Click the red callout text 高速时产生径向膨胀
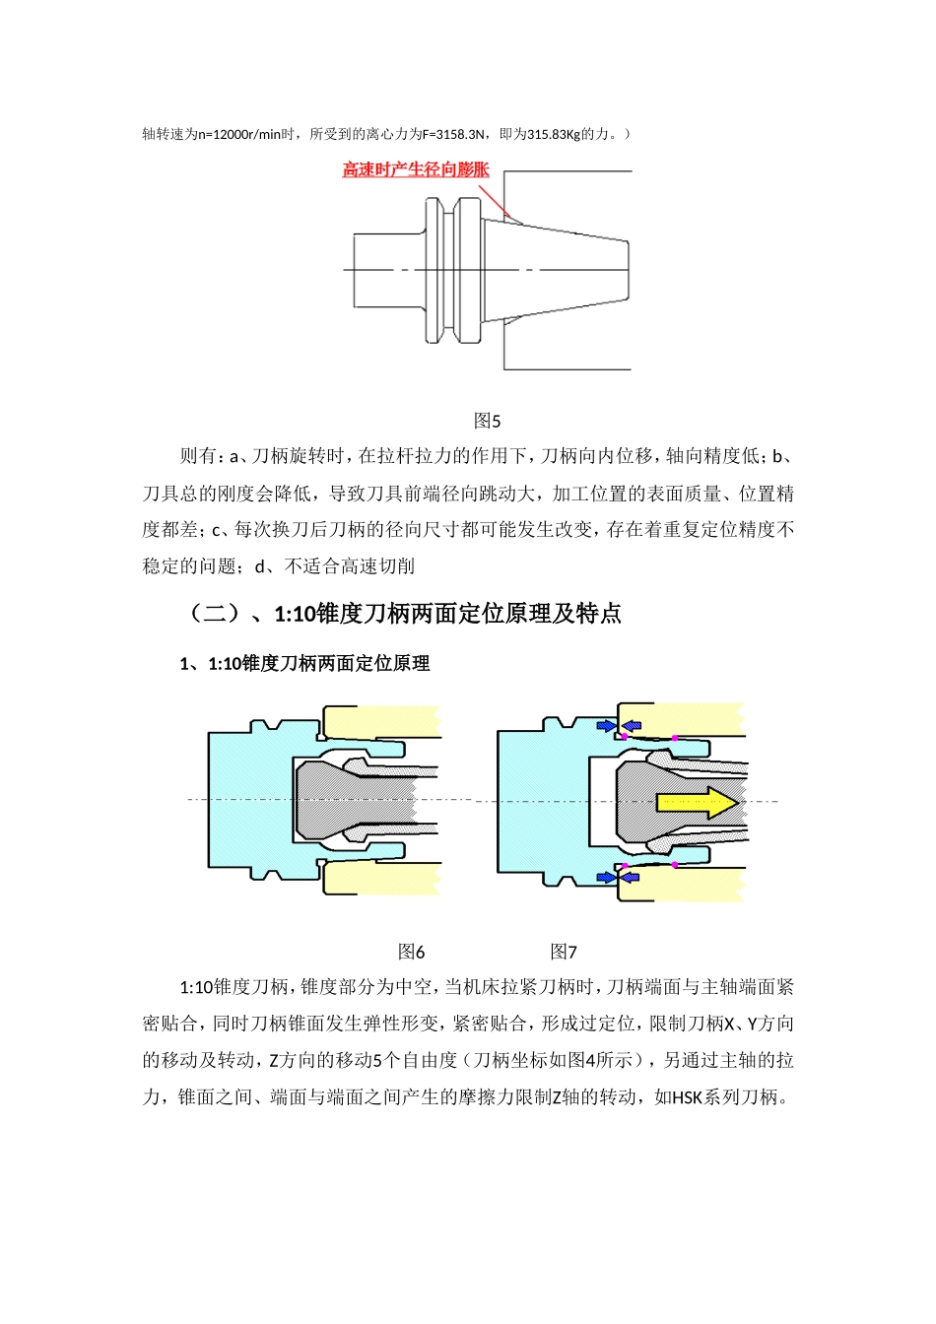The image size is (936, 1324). pyautogui.click(x=416, y=169)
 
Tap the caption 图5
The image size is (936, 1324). pyautogui.click(x=487, y=421)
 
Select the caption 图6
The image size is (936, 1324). pyautogui.click(x=411, y=952)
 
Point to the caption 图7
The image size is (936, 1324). pyautogui.click(x=563, y=952)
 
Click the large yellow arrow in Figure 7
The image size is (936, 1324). pyautogui.click(x=697, y=802)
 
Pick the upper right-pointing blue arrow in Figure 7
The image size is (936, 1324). pyautogui.click(x=606, y=726)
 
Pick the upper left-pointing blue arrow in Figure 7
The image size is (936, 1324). pyautogui.click(x=631, y=726)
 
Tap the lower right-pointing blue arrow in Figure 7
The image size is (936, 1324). pyautogui.click(x=606, y=877)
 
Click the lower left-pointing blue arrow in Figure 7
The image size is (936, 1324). pyautogui.click(x=631, y=877)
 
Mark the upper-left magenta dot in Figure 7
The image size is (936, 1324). pyautogui.click(x=624, y=737)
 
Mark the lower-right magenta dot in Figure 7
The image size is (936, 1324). pyautogui.click(x=674, y=865)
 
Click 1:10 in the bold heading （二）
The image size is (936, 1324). pyautogui.click(x=294, y=614)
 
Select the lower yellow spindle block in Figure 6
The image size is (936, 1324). pyautogui.click(x=384, y=878)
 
